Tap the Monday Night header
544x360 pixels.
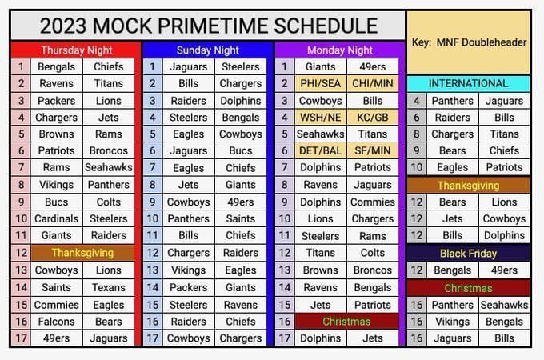[x=338, y=50]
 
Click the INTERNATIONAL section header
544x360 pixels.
[x=468, y=83]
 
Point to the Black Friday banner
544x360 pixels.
[x=468, y=254]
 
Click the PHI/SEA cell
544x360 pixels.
[x=321, y=84]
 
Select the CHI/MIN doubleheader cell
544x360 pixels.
[x=372, y=84]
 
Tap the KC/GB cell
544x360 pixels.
[x=372, y=118]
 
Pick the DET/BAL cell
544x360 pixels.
[x=321, y=151]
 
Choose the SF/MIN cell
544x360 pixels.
[x=372, y=151]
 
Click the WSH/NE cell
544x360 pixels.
[x=321, y=118]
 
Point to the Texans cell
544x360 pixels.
[x=109, y=287]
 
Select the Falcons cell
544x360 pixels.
[x=56, y=321]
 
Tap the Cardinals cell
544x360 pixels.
[x=56, y=218]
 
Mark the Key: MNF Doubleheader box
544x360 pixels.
[x=468, y=42]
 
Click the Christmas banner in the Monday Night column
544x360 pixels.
[x=346, y=321]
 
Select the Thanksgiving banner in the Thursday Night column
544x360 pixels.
[x=82, y=253]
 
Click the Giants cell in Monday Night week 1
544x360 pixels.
[x=321, y=67]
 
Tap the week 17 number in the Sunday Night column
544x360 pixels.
[x=151, y=338]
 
